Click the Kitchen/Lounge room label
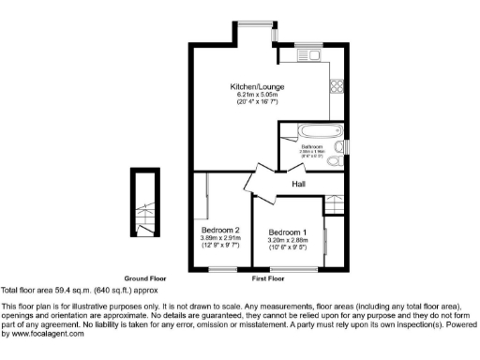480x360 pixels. (258, 87)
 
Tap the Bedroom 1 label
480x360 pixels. (287, 232)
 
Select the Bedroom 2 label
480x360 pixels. (220, 230)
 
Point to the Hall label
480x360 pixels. (300, 184)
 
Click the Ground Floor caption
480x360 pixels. (146, 279)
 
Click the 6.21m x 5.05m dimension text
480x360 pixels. (258, 95)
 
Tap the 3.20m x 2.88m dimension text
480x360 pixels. (287, 240)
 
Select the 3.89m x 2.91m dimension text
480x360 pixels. (220, 238)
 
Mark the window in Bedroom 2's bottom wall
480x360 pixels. (221, 269)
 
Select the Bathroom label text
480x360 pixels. (311, 147)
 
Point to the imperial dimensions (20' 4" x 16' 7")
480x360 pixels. (258, 102)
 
